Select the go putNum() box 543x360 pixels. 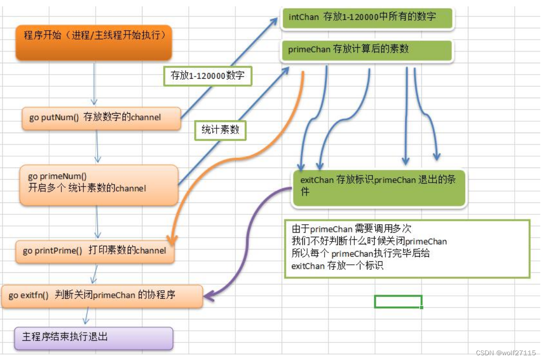click(x=101, y=118)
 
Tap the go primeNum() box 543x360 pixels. click(x=99, y=184)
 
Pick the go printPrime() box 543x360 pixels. click(x=94, y=251)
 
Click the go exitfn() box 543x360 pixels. click(x=102, y=296)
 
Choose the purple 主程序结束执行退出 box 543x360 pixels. click(x=93, y=337)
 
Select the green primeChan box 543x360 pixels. click(x=367, y=50)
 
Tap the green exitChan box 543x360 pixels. click(x=379, y=188)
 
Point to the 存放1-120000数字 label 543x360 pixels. click(x=208, y=75)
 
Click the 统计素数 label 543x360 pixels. click(x=220, y=130)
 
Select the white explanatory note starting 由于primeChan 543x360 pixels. click(x=407, y=248)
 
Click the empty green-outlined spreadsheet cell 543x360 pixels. click(x=398, y=301)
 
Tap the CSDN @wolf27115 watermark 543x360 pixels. click(x=506, y=353)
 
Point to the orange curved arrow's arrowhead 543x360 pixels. click(x=172, y=240)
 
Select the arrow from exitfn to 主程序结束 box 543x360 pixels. click(x=86, y=317)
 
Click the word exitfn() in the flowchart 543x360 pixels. click(x=35, y=296)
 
